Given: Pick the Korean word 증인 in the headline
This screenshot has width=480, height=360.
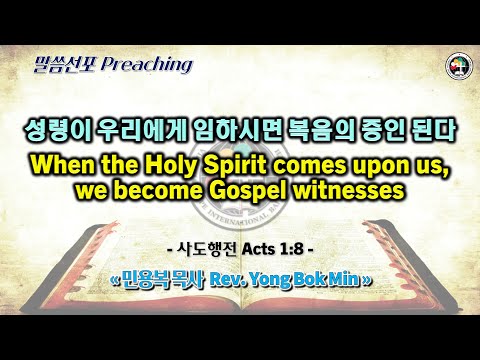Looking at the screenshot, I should click(384, 131).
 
